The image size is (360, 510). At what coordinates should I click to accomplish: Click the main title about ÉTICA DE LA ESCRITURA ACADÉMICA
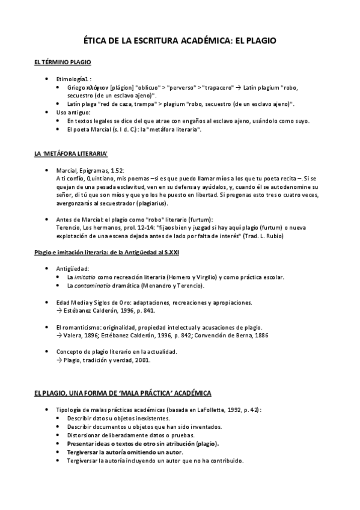180,40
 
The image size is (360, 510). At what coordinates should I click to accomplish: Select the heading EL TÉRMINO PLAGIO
63,63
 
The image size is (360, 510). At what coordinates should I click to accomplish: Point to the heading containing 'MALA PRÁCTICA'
122,392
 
